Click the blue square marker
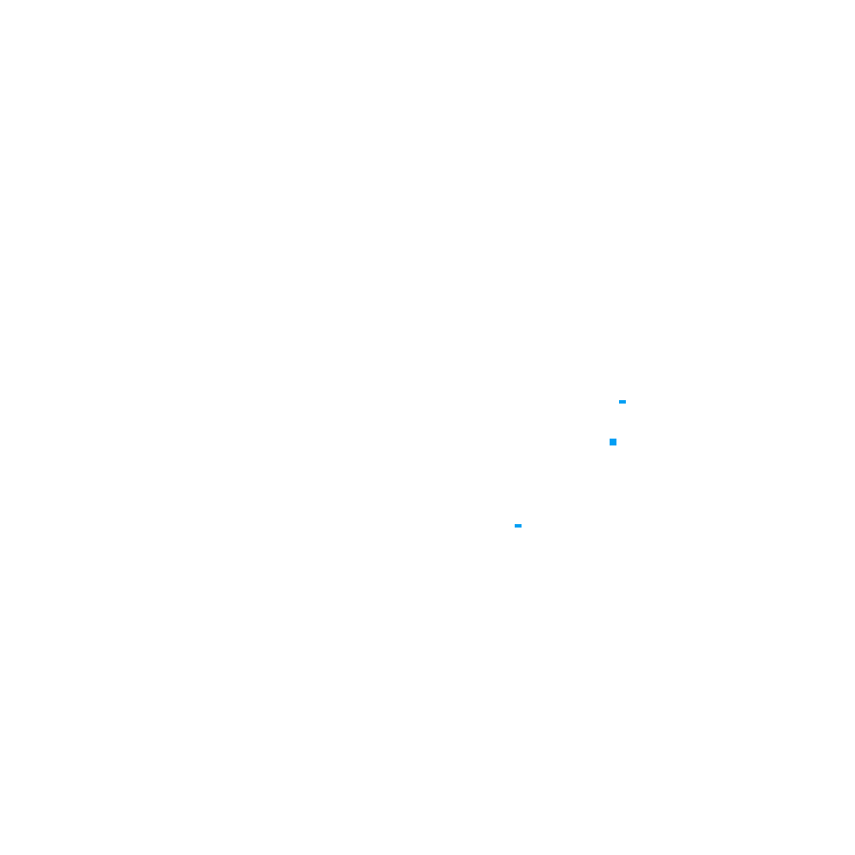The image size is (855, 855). click(613, 442)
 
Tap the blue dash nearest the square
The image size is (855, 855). click(622, 402)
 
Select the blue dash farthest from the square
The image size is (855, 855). click(518, 526)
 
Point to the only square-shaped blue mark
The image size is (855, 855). click(613, 442)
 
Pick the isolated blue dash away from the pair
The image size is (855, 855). click(518, 526)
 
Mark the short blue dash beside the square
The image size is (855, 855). click(622, 402)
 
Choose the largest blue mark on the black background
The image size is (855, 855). click(613, 442)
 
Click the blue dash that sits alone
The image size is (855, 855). click(518, 526)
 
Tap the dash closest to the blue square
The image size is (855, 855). click(622, 402)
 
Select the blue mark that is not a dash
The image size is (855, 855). click(613, 442)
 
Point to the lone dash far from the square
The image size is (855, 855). click(518, 526)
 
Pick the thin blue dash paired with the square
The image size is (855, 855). click(622, 402)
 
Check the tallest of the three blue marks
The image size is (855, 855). click(613, 442)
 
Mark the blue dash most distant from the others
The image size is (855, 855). click(518, 526)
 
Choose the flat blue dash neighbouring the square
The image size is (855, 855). click(622, 402)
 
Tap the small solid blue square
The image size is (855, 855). click(613, 442)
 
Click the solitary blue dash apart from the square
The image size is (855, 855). click(518, 526)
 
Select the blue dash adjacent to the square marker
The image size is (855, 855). click(622, 402)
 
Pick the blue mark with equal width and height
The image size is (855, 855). click(613, 442)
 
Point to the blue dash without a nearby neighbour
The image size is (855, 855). click(518, 526)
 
